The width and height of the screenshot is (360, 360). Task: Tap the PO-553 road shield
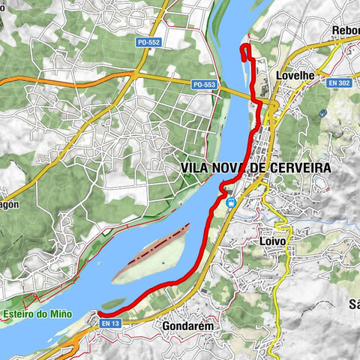pos(203,85)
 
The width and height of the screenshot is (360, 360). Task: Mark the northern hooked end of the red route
pos(242,49)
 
